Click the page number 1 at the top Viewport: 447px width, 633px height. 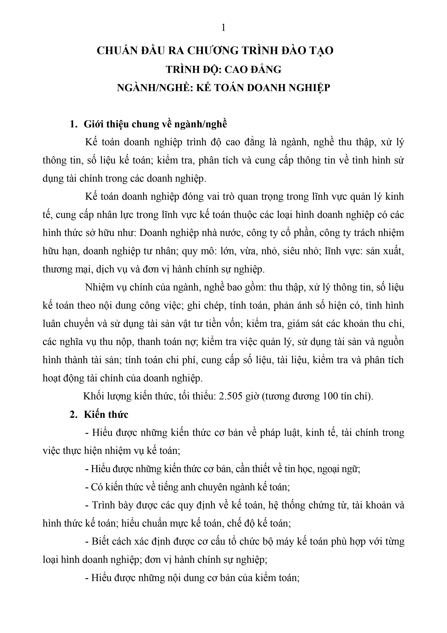click(224, 28)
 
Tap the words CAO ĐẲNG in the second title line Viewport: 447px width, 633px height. click(253, 69)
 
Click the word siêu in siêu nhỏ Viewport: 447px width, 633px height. click(292, 251)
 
